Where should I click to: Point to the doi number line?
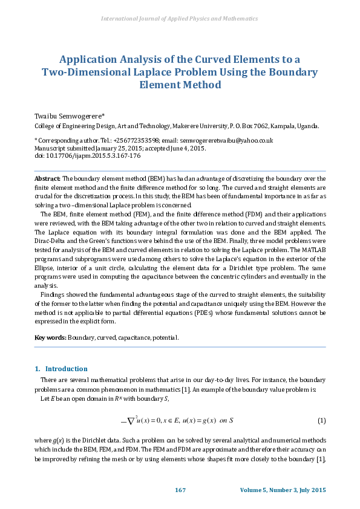coord(87,155)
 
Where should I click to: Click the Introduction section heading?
coord(67,369)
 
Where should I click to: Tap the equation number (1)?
coord(321,420)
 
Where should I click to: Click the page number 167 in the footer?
coord(180,489)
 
